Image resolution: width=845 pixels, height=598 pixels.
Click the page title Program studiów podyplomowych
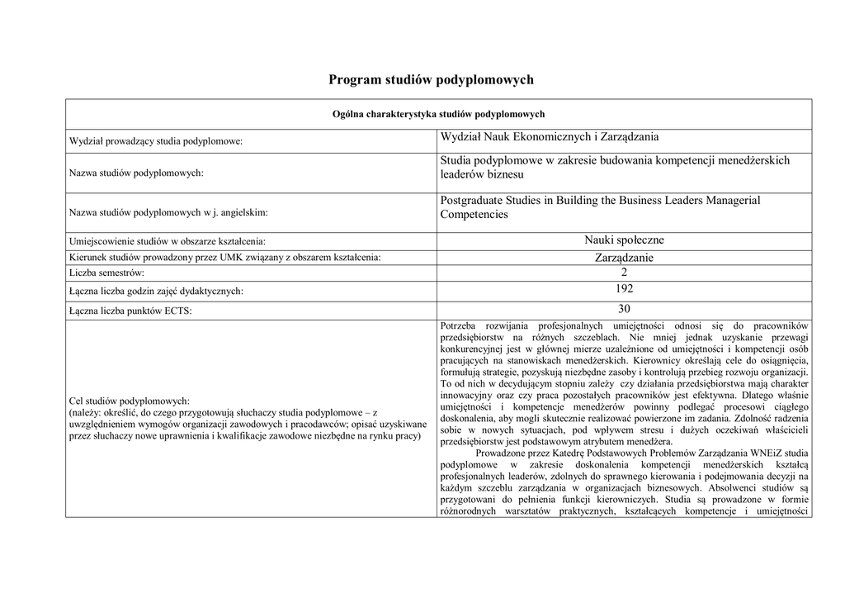(x=431, y=79)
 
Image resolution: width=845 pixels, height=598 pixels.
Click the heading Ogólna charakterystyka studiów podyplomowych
(x=438, y=114)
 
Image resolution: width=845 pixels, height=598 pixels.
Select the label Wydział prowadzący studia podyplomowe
(x=156, y=142)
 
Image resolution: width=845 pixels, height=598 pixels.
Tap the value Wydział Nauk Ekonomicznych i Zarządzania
(x=549, y=137)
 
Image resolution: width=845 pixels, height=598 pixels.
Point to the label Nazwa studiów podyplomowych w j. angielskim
(x=168, y=212)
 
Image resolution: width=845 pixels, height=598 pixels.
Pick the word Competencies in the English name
(x=474, y=215)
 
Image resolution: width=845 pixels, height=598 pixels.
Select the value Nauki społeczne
(x=624, y=240)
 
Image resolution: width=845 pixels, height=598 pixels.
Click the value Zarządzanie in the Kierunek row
(x=624, y=258)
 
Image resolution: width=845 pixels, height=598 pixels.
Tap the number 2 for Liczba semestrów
(x=624, y=272)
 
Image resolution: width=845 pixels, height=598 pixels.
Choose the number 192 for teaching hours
(x=624, y=289)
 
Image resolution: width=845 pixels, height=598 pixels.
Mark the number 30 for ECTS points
(x=624, y=309)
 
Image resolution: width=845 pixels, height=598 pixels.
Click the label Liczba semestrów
(x=107, y=272)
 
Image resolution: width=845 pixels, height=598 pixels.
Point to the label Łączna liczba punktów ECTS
(x=136, y=311)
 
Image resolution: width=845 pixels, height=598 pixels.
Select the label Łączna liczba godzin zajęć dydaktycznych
(x=156, y=291)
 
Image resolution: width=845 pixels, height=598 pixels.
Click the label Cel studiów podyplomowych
(x=130, y=400)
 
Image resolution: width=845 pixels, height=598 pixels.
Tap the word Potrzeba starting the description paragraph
(x=463, y=325)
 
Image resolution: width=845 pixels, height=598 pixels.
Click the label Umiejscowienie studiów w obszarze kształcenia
(x=168, y=241)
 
